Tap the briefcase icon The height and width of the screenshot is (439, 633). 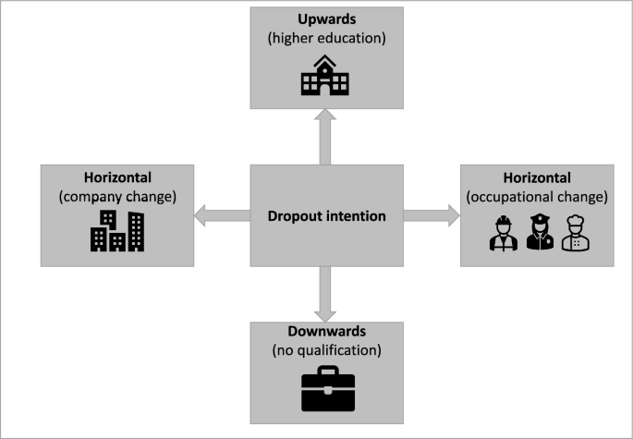pyautogui.click(x=327, y=391)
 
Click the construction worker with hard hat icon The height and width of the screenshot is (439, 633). pyautogui.click(x=503, y=234)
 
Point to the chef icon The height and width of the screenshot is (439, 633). pyautogui.click(x=574, y=234)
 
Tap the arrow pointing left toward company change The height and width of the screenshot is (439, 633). pyautogui.click(x=223, y=216)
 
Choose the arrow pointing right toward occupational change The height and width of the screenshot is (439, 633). pyautogui.click(x=431, y=216)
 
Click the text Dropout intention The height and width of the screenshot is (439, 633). pyautogui.click(x=327, y=216)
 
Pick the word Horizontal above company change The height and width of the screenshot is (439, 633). pyautogui.click(x=116, y=177)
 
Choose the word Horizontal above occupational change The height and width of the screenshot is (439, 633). pyautogui.click(x=538, y=177)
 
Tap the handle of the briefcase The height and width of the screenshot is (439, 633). pyautogui.click(x=327, y=372)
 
